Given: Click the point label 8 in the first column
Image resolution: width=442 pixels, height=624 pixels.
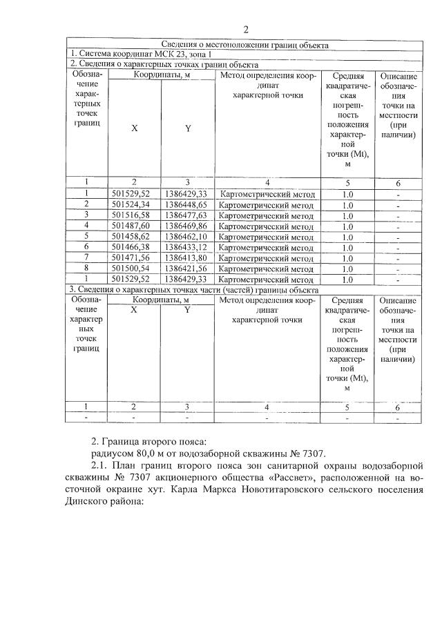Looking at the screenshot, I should (x=87, y=269).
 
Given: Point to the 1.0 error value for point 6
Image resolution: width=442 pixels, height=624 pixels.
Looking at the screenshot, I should (x=347, y=247).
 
